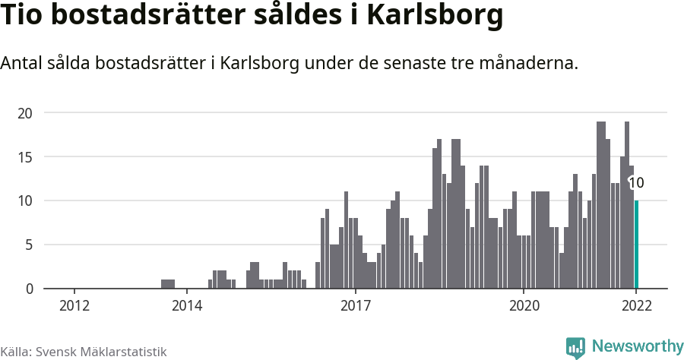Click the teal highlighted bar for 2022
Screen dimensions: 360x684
pos(637,245)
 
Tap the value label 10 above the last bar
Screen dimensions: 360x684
pos(637,183)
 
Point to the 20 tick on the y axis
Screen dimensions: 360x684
pos(26,113)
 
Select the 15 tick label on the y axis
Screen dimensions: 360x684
pos(26,157)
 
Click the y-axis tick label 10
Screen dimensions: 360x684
pos(26,201)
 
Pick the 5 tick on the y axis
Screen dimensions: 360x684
pos(29,245)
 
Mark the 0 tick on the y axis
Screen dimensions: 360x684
pos(29,289)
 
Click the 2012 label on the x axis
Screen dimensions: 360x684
pos(74,305)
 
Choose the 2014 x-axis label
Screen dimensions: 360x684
pos(187,305)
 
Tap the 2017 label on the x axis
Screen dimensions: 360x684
pos(355,305)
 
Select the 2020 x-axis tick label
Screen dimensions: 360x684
pos(524,305)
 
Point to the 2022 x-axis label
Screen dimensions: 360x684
pos(636,305)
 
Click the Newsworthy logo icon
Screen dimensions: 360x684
pos(575,348)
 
